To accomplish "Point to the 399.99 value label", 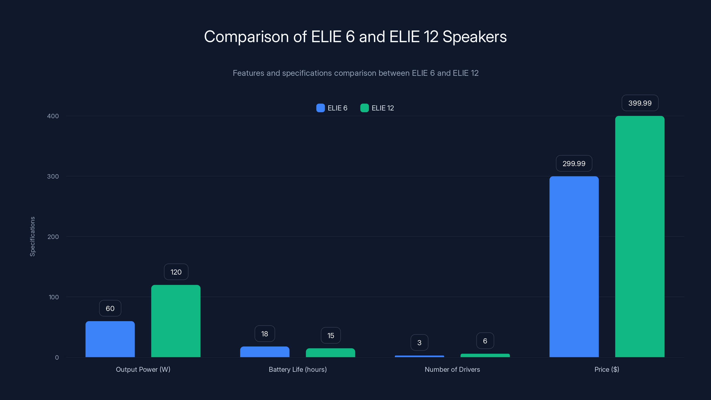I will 640,103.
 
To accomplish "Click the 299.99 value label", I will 574,163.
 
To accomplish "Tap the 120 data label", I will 176,272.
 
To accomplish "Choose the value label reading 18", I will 265,334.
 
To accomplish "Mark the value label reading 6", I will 485,341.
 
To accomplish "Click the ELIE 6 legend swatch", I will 320,108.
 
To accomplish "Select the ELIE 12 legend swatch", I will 364,108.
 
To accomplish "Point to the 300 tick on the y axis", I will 53,176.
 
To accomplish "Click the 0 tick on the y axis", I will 57,358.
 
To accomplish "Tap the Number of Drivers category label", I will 452,369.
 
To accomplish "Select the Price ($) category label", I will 607,369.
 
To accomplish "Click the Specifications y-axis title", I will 33,237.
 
